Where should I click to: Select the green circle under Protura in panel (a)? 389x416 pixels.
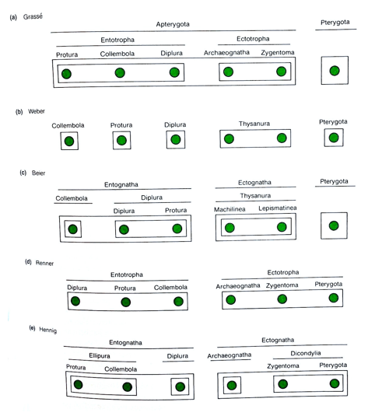pos(67,74)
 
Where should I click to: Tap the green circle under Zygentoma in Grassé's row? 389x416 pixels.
pos(281,72)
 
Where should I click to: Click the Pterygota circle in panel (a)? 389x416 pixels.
pos(335,71)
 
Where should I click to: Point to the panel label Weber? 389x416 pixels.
pos(36,112)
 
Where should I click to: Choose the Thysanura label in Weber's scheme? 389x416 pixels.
pos(254,123)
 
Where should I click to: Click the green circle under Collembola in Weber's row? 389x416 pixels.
pos(69,142)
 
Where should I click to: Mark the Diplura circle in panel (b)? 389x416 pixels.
pos(176,140)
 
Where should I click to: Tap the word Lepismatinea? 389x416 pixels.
pos(278,209)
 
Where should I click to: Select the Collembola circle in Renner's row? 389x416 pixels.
pos(171,302)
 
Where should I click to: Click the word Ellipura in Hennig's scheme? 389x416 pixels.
pos(98,355)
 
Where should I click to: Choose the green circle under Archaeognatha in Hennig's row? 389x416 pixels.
pos(231,385)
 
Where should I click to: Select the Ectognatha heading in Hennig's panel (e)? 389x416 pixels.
pos(278,340)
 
